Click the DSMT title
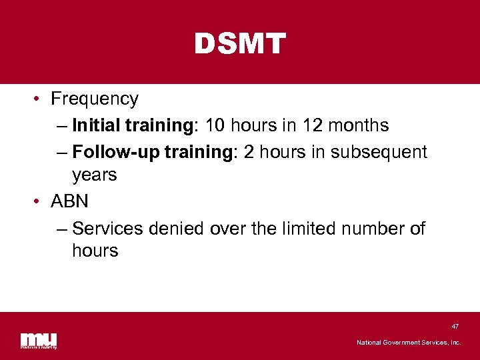[x=240, y=45]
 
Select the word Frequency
[x=95, y=99]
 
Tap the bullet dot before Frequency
[x=37, y=99]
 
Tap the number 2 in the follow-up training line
[x=249, y=152]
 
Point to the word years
[x=95, y=175]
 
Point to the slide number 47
[x=455, y=326]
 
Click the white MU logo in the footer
[x=39, y=339]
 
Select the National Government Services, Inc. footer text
[x=408, y=343]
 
